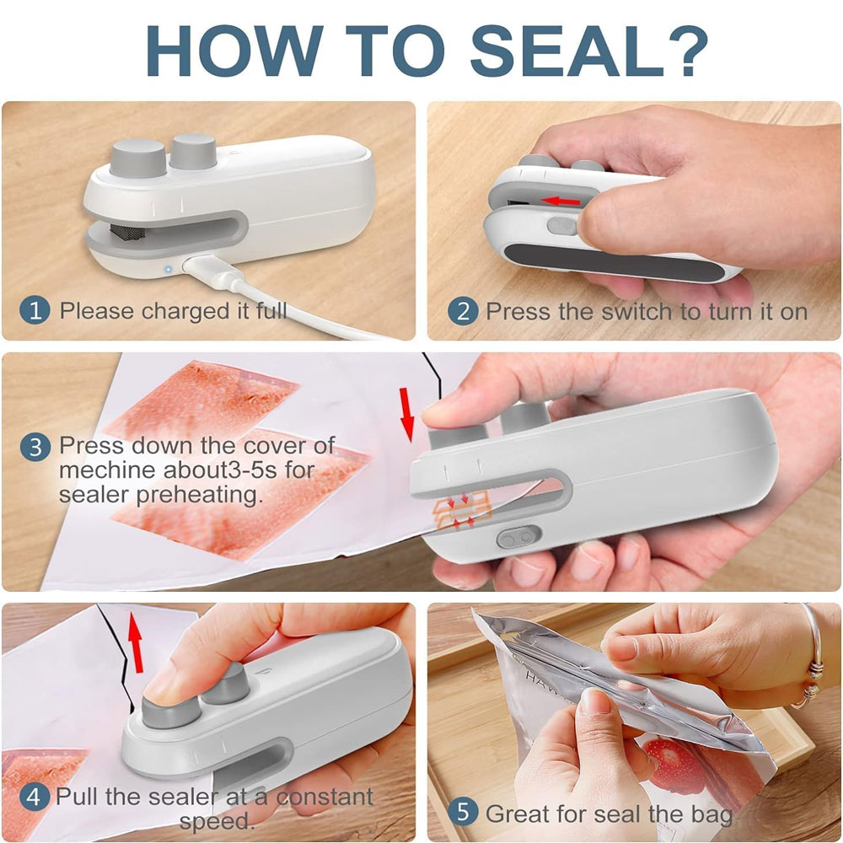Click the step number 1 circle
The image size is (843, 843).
click(x=35, y=310)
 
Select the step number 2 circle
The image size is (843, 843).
click(x=463, y=311)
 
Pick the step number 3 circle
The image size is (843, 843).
click(x=35, y=447)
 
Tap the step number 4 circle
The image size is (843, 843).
click(x=34, y=797)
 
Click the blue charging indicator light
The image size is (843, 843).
click(x=169, y=269)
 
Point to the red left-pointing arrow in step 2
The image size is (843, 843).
click(x=561, y=201)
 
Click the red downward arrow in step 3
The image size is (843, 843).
click(x=406, y=414)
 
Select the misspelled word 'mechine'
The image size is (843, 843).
click(x=107, y=471)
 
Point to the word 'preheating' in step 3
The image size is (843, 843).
click(x=199, y=495)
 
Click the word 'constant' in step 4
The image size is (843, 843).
click(x=324, y=797)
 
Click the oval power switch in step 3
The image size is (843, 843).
click(x=518, y=537)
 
